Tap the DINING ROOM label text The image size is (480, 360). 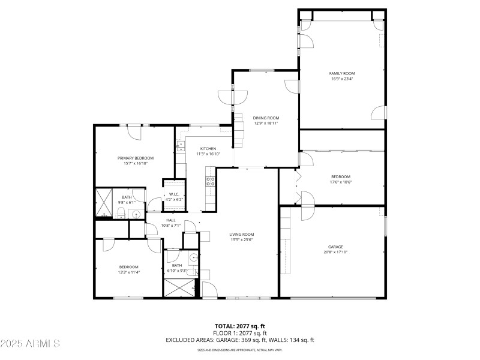(x=266, y=118)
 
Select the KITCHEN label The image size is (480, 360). (x=208, y=148)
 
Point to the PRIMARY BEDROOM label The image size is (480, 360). (x=132, y=158)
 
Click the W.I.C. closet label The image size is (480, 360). (x=174, y=194)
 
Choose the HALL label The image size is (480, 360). (x=170, y=220)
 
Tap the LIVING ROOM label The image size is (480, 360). (x=242, y=235)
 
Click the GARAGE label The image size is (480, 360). (x=335, y=247)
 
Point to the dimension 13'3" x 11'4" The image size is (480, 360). (x=128, y=272)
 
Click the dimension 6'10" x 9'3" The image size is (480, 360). (x=177, y=271)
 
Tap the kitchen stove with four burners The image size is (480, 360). (x=211, y=181)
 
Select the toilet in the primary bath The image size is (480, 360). (x=121, y=214)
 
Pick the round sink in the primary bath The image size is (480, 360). (x=136, y=214)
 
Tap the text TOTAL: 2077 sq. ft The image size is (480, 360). (x=240, y=326)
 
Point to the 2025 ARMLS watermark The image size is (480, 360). (x=30, y=344)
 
